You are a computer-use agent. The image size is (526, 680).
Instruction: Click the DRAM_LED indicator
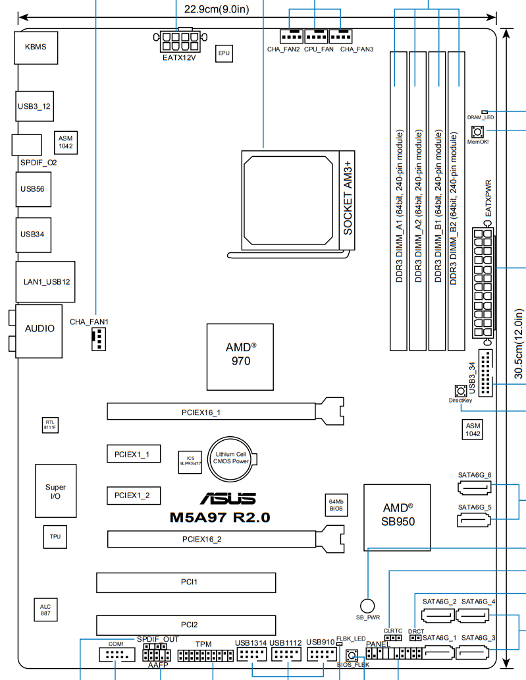(485, 113)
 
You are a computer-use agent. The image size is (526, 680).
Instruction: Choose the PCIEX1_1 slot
(133, 454)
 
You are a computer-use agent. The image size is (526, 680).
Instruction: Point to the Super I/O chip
(55, 492)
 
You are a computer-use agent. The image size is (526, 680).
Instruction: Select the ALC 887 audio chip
(45, 610)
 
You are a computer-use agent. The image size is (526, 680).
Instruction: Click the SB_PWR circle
(368, 605)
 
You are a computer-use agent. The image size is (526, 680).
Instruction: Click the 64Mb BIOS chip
(336, 505)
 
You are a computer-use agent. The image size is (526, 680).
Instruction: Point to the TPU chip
(55, 537)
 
